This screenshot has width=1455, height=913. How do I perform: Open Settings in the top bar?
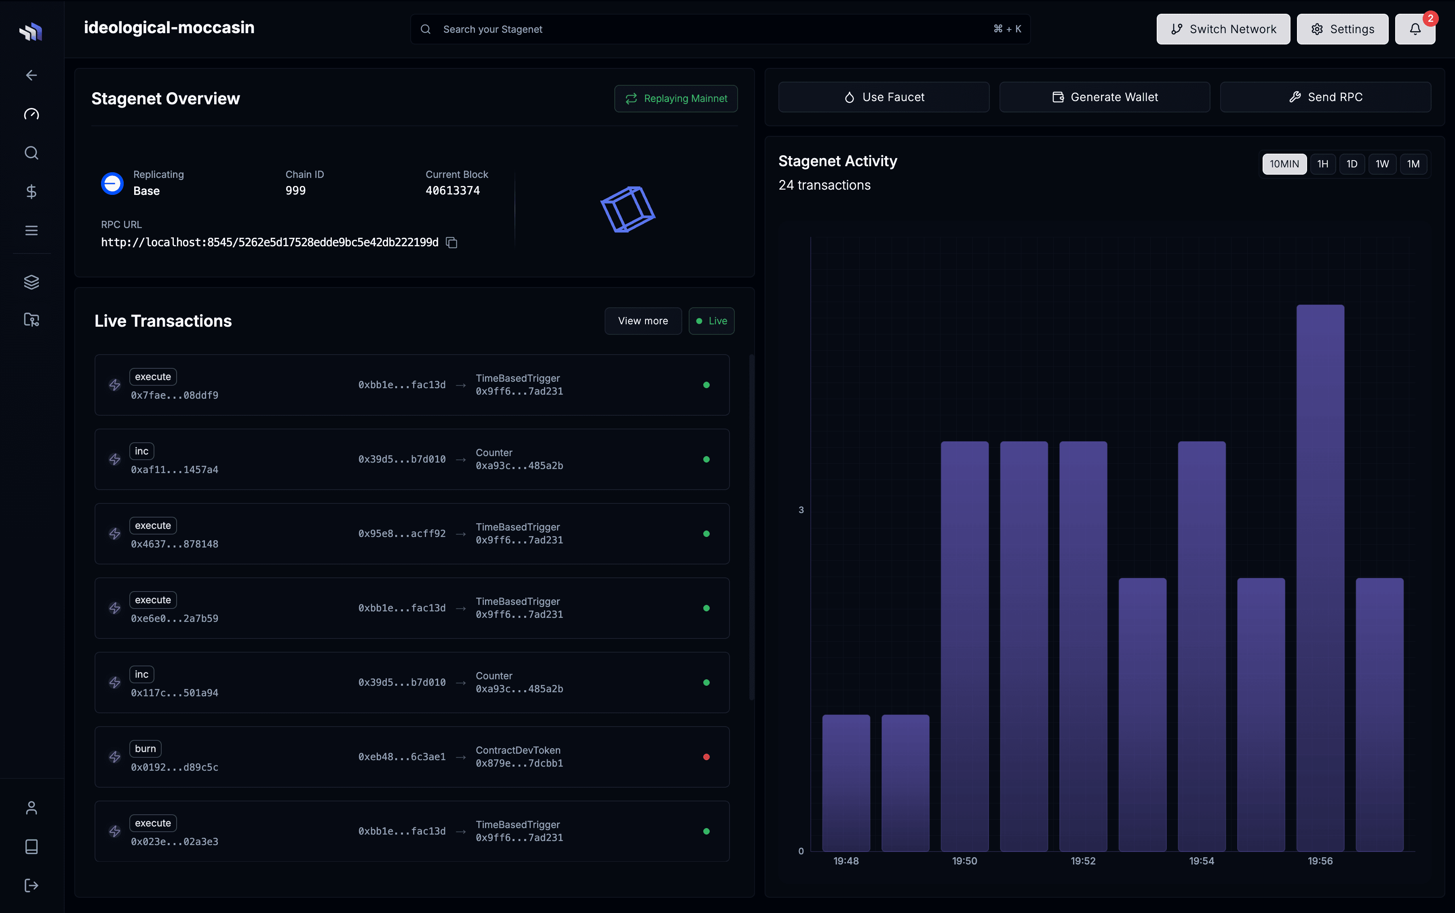(x=1342, y=29)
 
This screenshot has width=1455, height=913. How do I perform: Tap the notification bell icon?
(x=1415, y=29)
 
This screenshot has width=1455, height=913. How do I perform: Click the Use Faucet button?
(x=884, y=97)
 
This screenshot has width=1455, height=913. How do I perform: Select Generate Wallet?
(x=1104, y=97)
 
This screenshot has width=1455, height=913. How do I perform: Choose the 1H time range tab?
(x=1322, y=164)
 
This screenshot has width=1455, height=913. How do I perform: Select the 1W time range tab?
(x=1382, y=164)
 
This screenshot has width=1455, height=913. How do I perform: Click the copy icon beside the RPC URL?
(x=451, y=243)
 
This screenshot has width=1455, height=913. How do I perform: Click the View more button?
(x=643, y=321)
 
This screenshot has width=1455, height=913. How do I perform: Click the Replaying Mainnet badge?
(x=676, y=98)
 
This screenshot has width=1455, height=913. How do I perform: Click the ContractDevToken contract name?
(x=518, y=750)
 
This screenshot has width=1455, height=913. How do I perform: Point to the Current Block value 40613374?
(x=453, y=191)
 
